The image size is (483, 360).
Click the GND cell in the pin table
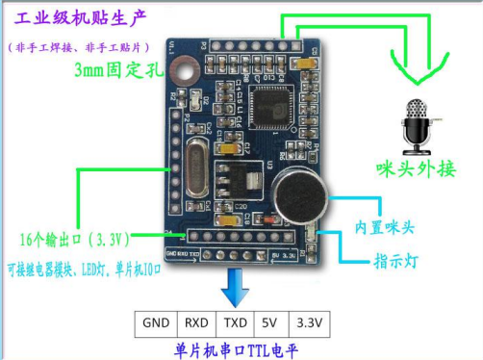click(156, 322)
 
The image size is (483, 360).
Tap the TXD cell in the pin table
click(234, 322)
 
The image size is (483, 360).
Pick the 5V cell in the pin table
click(269, 322)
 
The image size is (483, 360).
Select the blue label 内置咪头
click(385, 227)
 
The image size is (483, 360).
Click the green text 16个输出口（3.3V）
click(76, 238)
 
